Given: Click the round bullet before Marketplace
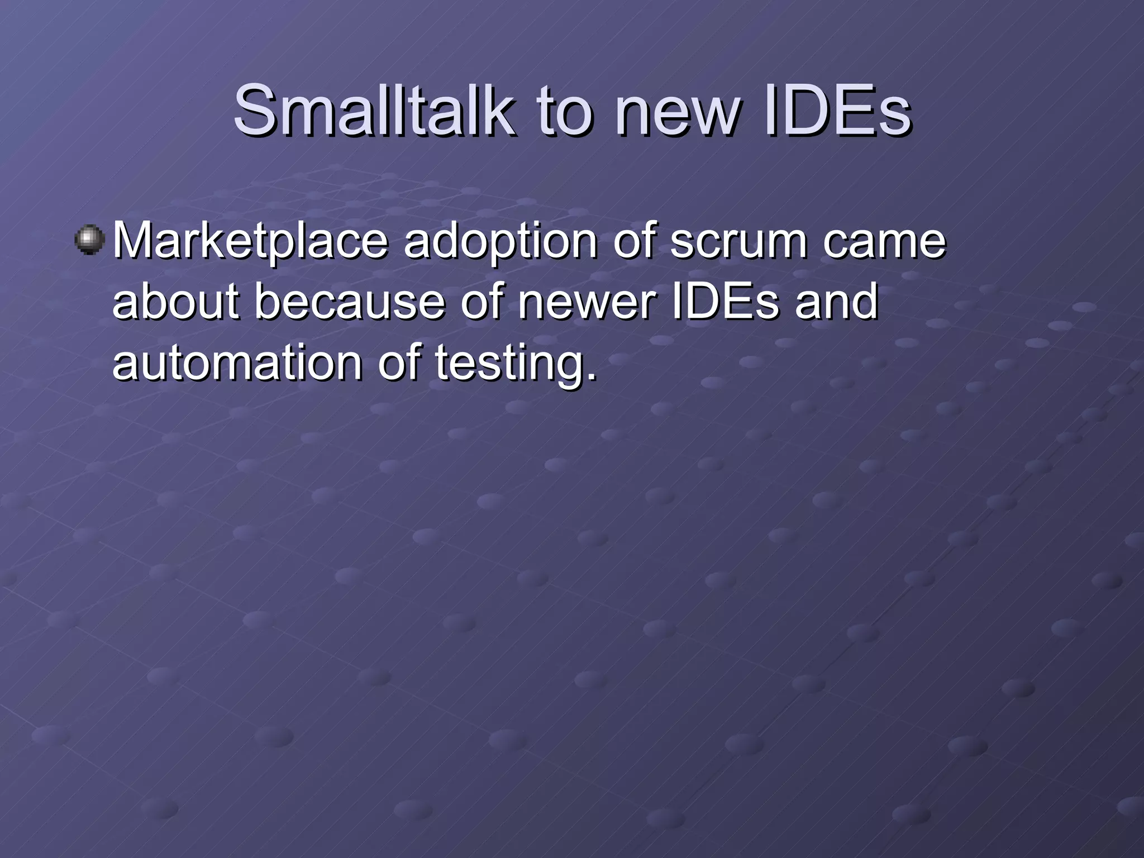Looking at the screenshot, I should tap(90, 241).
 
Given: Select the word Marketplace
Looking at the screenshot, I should tap(250, 242).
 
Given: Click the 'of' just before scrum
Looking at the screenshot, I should tap(633, 241).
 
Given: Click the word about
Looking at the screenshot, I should tap(175, 302).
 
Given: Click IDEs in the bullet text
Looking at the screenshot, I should tap(724, 302).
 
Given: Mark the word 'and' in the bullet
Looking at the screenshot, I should tap(836, 302).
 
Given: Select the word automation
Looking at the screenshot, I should tap(236, 363).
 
